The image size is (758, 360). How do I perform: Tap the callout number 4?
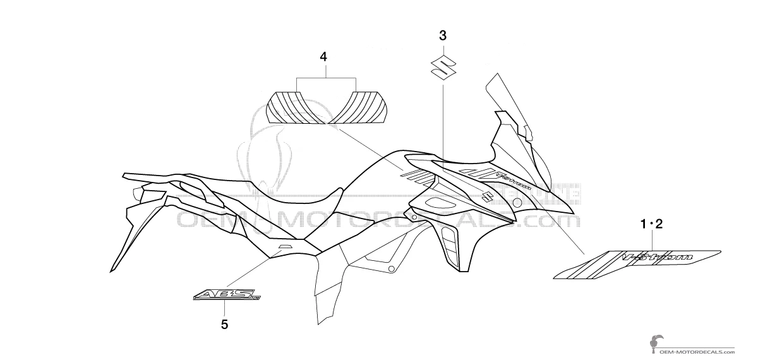[323, 56]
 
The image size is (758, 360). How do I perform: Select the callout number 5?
[225, 325]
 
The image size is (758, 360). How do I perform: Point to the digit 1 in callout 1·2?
[644, 224]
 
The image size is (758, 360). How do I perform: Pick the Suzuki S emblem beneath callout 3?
[442, 66]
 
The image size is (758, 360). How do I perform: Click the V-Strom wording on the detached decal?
[657, 257]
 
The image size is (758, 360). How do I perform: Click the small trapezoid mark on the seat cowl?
[284, 247]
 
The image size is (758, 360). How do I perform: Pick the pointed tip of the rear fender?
[112, 270]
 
